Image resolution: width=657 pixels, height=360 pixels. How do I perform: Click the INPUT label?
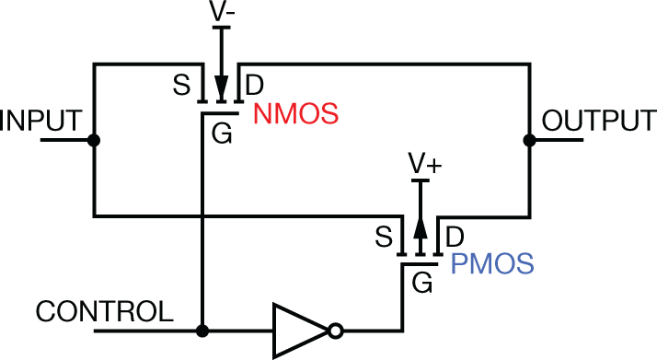42,121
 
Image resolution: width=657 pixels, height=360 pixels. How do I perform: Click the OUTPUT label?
599,121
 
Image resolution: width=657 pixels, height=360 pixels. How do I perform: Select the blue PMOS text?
492,265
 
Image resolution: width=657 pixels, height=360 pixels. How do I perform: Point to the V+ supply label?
424,164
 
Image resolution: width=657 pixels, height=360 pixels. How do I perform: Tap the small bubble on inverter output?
338,330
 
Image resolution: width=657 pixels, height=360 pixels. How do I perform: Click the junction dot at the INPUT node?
93,140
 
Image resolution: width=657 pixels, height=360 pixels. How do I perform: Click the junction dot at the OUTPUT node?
529,140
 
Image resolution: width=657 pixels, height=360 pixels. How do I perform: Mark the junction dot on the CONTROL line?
202,330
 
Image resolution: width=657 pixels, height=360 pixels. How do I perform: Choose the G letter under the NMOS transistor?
222,134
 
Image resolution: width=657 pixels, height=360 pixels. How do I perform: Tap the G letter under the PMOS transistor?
423,284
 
